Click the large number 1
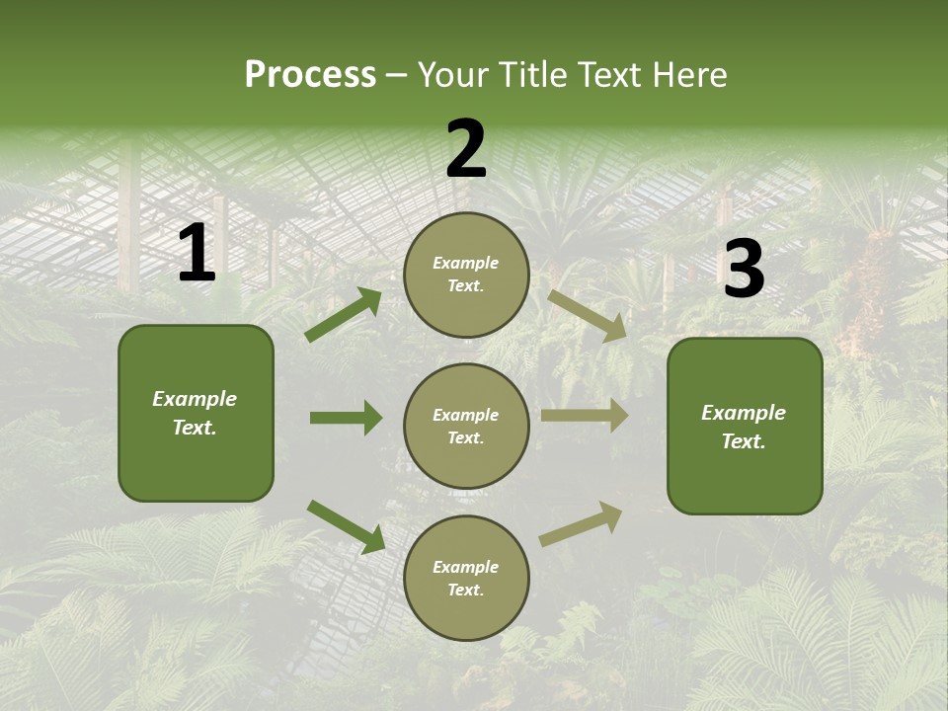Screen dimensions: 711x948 pos(197,254)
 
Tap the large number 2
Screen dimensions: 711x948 pos(466,150)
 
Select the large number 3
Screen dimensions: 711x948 pos(744,270)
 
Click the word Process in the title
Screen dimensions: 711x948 pos(310,74)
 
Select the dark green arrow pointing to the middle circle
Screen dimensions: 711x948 pos(346,418)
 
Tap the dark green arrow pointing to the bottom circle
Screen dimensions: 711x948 pos(346,525)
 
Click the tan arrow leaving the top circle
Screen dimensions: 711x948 pos(587,315)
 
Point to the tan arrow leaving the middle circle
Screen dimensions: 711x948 pos(585,416)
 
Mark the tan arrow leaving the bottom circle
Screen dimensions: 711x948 pos(581,523)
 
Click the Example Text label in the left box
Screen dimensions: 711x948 pos(195,413)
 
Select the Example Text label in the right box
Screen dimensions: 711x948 pos(744,427)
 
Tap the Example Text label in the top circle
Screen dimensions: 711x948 pos(466,275)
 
